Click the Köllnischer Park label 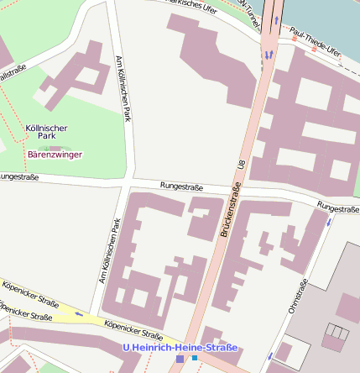click(46, 133)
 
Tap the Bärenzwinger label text click(54, 155)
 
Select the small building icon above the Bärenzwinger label click(55, 146)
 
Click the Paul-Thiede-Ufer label click(315, 40)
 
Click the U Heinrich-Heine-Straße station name click(180, 347)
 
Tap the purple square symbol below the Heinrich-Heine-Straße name click(180, 359)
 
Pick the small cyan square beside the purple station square click(195, 359)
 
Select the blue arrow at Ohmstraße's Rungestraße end click(329, 222)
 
